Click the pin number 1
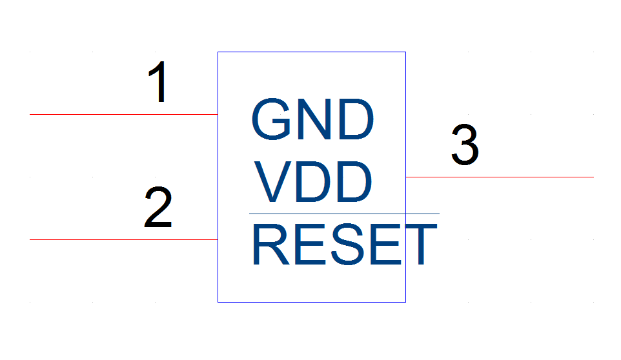point(158,82)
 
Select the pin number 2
point(158,207)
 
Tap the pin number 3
point(465,145)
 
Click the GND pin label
point(312,119)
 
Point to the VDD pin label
point(313,181)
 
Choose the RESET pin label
point(345,244)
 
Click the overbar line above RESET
point(344,214)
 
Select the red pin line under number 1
point(123,114)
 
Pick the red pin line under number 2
point(123,239)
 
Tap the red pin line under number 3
point(500,177)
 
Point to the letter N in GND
point(314,119)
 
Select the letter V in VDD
point(273,181)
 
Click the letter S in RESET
point(348,244)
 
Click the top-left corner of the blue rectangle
point(218,52)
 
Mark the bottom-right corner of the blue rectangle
point(405,302)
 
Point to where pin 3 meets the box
point(406,177)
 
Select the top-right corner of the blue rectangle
point(405,52)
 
